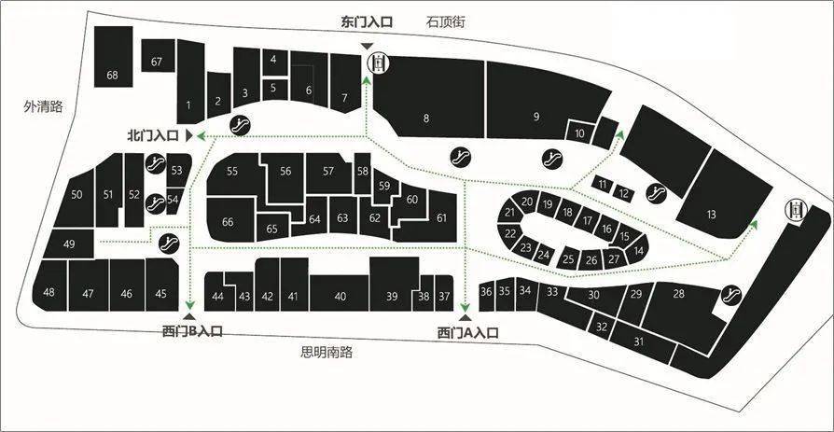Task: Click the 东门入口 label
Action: [x=367, y=23]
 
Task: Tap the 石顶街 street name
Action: [x=446, y=22]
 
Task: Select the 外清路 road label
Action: [x=43, y=106]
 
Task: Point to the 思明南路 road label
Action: [x=327, y=352]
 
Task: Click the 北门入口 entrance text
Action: [x=153, y=135]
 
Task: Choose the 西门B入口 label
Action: [x=192, y=331]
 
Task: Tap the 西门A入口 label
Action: [x=467, y=333]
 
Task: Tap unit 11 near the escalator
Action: [x=602, y=185]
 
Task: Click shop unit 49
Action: [x=69, y=244]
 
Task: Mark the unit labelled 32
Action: [x=602, y=327]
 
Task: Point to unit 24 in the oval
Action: [x=543, y=255]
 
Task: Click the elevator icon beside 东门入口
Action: [x=379, y=63]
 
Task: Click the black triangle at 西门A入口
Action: [x=466, y=317]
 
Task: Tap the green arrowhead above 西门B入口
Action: [x=190, y=305]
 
